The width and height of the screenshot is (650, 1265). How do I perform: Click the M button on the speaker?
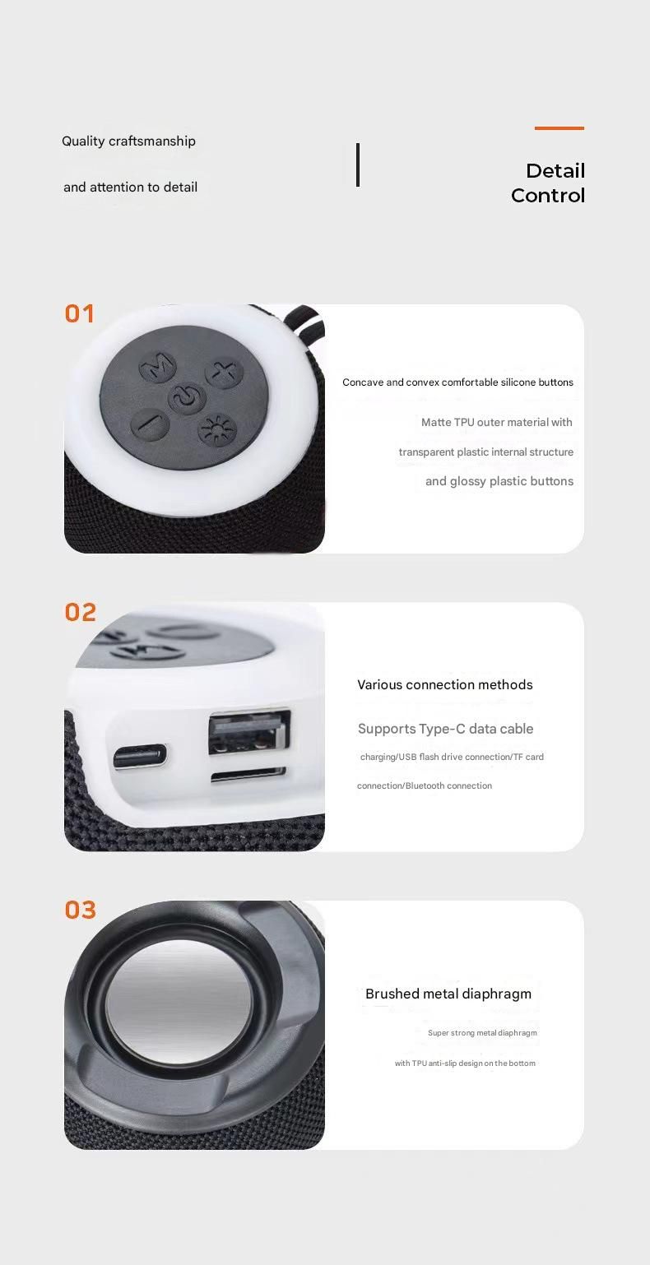coord(157,367)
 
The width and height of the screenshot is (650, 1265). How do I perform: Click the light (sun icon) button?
coord(217,430)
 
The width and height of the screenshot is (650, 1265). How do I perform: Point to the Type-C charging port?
coord(140,757)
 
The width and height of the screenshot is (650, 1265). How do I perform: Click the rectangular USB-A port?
coord(249,733)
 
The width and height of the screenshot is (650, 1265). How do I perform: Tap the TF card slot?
coord(248,776)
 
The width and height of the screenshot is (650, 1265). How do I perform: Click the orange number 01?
coord(80,314)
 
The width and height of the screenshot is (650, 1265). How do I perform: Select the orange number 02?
coord(80,612)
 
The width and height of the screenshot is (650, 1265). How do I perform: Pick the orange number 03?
coord(80,911)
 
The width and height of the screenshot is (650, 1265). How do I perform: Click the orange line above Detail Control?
coord(559,128)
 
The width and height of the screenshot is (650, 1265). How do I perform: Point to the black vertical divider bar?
coord(357,164)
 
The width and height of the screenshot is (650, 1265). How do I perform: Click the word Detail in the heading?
coord(555,170)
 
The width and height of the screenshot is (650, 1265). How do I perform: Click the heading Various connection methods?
coord(445,684)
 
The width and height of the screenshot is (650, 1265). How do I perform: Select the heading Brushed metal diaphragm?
coord(448,994)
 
